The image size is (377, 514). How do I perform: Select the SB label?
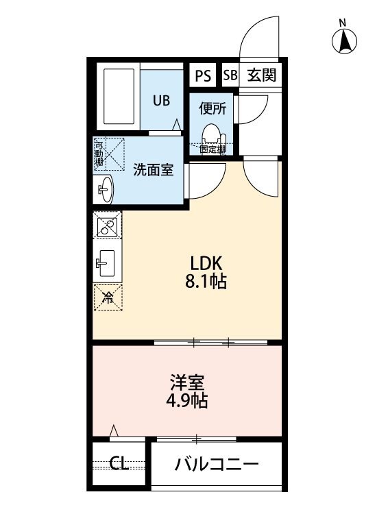229,75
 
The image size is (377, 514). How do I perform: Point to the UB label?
160,100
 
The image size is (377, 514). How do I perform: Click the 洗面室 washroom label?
152,169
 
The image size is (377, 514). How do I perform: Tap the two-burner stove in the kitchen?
108,228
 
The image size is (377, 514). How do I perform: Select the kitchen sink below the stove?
107,261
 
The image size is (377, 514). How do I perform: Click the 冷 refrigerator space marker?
108,297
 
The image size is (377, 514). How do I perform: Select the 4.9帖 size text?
187,401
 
